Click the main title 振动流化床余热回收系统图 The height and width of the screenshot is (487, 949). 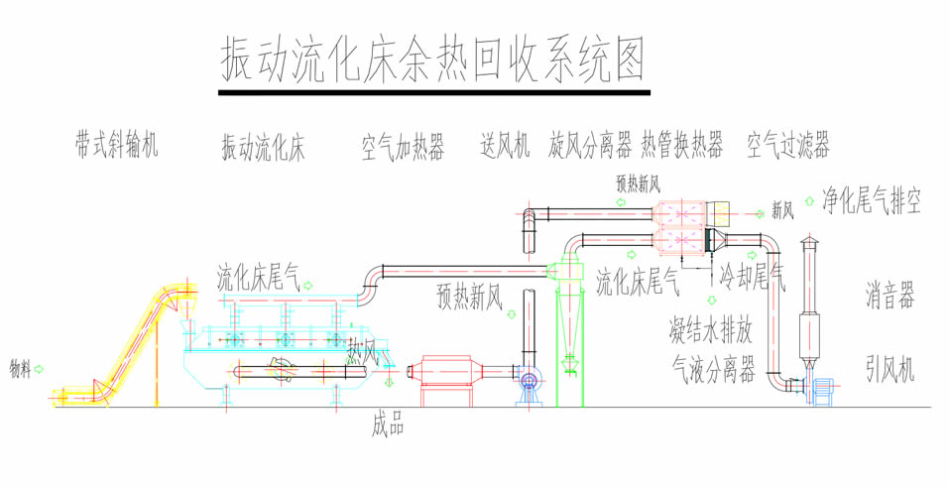432,61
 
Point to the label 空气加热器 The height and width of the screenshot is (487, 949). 403,149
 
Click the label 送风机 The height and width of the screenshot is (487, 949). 505,147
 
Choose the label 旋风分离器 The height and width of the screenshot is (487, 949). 591,147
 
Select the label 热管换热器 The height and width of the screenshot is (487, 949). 682,147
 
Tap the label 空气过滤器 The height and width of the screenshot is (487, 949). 788,147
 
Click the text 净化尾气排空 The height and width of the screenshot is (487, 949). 872,202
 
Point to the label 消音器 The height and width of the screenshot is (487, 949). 890,296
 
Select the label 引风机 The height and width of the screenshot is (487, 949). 890,370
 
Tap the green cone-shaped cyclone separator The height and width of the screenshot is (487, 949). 570,317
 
